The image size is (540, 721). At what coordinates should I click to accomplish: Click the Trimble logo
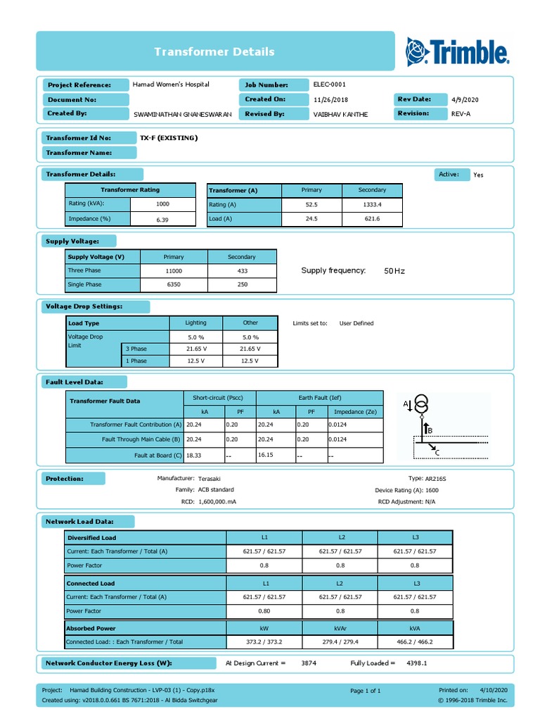(457, 51)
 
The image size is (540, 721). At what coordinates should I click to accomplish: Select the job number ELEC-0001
(329, 84)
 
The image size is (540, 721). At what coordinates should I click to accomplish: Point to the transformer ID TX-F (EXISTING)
(169, 138)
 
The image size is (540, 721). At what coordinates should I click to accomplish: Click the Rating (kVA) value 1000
(162, 203)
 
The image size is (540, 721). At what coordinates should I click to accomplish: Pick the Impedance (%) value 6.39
(162, 220)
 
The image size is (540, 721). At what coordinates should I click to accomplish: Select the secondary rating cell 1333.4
(372, 204)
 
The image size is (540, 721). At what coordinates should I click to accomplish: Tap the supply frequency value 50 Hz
(394, 270)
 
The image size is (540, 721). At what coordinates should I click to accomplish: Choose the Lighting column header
(195, 323)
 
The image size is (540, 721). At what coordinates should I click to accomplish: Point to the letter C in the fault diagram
(437, 453)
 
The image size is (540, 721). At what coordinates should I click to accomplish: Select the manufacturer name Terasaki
(210, 478)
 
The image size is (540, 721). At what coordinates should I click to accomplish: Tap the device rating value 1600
(432, 489)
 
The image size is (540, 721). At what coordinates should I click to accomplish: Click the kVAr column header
(340, 628)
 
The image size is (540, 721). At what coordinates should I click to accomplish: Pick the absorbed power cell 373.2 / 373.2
(264, 642)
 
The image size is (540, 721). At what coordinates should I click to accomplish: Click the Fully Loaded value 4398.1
(416, 663)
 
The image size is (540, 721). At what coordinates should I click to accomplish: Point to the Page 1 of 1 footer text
(365, 691)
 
